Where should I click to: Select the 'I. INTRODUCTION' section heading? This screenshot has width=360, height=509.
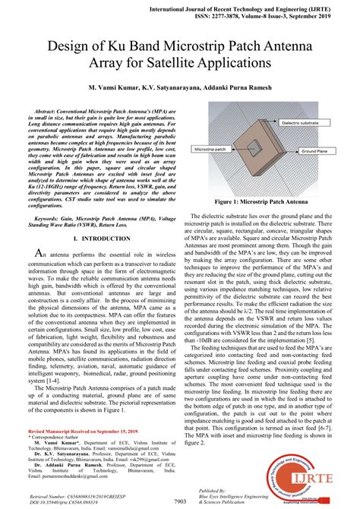click(x=99, y=238)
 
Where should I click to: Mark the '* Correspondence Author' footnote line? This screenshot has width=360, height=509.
click(x=55, y=438)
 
